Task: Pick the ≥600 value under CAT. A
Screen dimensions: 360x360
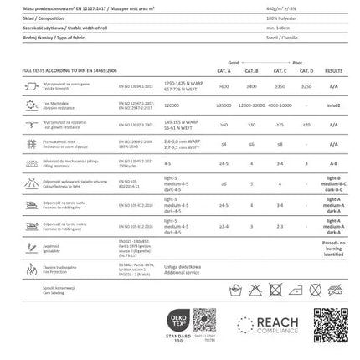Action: tap(224, 86)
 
